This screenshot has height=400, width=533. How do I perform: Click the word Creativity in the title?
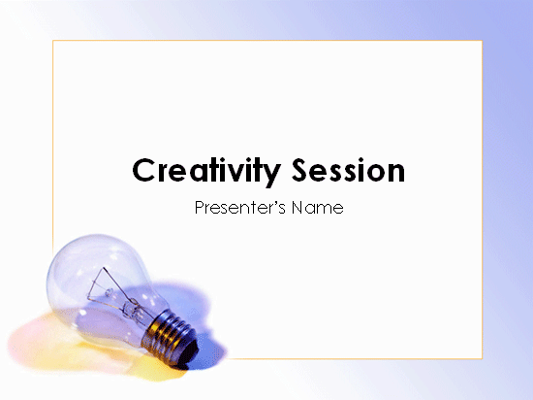point(206,171)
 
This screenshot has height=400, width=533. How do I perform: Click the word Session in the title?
point(349,170)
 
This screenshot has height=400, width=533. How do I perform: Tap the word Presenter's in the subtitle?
point(240,208)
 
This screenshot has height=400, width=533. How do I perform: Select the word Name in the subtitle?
point(318,208)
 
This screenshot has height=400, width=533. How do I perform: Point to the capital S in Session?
point(301,170)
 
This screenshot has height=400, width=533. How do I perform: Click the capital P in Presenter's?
point(200,208)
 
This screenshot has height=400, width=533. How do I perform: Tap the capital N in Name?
point(298,208)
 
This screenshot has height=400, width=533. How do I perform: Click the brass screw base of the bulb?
point(169,335)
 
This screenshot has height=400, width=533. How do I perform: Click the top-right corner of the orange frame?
point(482,41)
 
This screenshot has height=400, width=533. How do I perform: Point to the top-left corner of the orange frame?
point(53,41)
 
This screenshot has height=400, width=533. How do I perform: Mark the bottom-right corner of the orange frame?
point(482,358)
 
